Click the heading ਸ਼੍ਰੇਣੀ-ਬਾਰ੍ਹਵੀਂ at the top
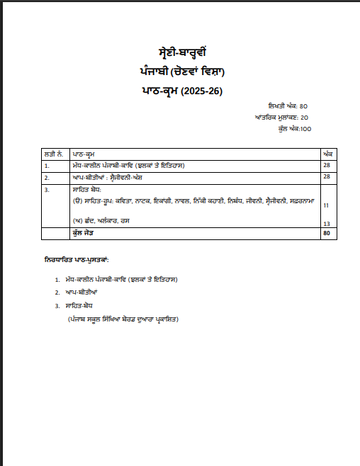coord(181,54)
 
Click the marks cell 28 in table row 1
coord(327,166)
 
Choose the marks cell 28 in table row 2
coord(327,177)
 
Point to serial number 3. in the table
coord(47,190)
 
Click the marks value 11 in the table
coord(327,205)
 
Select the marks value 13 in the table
coord(327,223)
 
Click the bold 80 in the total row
coord(327,233)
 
